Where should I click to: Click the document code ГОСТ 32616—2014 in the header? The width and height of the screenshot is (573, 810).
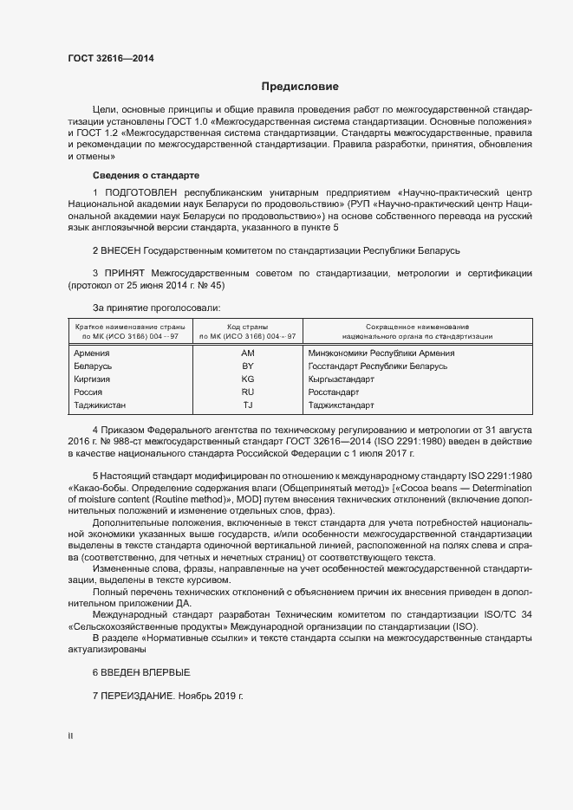110,59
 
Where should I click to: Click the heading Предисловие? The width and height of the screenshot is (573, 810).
300,87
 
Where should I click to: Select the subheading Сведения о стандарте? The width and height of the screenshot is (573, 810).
146,175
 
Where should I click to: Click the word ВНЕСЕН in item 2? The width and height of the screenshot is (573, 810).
120,250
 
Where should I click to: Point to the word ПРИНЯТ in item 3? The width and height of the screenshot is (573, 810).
124,274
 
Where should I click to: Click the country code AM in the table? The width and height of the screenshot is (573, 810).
247,353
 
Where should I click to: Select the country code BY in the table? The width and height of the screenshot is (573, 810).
247,366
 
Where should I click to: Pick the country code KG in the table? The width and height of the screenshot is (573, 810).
247,379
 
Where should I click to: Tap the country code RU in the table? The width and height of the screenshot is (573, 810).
247,392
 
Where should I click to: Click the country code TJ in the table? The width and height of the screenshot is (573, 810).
247,405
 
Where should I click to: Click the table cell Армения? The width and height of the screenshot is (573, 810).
92,353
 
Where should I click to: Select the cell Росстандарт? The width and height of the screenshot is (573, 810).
334,392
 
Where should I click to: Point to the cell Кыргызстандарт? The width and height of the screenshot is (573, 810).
341,379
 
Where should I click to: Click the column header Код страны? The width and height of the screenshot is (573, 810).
247,327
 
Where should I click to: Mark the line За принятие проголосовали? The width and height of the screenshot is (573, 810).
156,308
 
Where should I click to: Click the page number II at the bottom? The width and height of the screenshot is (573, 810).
70,736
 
